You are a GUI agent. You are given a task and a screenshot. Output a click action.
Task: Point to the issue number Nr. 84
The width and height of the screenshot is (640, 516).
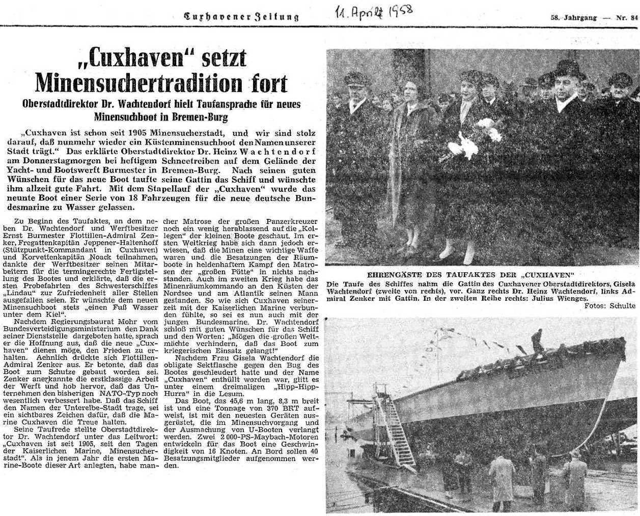[627, 17]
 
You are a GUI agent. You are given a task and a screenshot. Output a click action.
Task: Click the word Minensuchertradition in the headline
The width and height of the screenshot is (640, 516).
[143, 82]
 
